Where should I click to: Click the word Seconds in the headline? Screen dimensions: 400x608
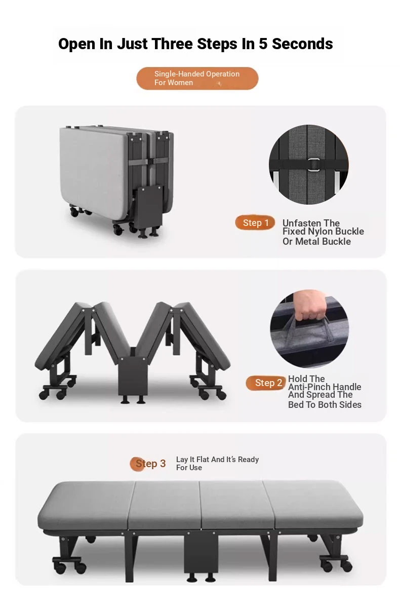click(x=302, y=44)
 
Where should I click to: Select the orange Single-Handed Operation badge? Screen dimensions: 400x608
click(x=197, y=79)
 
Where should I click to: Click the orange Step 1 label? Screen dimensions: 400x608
click(x=255, y=223)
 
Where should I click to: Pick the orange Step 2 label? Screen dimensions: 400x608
click(x=266, y=383)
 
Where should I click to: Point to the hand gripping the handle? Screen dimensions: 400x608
click(x=310, y=305)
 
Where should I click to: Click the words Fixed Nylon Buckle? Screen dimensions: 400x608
click(x=323, y=232)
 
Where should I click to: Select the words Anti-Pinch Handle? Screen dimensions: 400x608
click(x=325, y=387)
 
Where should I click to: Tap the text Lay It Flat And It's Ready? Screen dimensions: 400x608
click(x=218, y=459)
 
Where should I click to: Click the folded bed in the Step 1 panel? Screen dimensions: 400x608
click(x=116, y=181)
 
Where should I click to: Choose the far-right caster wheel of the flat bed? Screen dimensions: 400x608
click(x=347, y=565)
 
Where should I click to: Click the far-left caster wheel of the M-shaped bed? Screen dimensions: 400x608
click(x=44, y=395)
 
